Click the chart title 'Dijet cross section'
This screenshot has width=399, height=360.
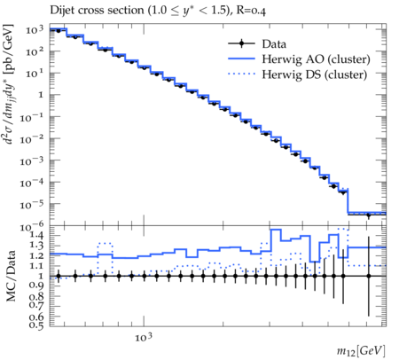97,11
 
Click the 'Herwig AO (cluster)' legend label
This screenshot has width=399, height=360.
316,59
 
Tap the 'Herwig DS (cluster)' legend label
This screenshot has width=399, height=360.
315,74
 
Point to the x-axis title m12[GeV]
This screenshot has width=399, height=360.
361,351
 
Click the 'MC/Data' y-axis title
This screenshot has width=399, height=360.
11,276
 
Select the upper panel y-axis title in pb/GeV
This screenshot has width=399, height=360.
10,84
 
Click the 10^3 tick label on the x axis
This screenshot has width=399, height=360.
144,337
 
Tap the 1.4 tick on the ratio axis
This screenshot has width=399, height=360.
37,235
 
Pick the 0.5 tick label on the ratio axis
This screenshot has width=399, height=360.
37,325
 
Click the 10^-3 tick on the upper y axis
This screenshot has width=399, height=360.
32,161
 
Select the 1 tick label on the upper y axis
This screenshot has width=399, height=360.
41,95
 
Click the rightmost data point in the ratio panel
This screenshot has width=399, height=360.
368,276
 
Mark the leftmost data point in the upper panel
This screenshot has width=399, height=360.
59,31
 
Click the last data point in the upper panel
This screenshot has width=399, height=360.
368,215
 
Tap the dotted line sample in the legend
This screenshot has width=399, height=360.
241,74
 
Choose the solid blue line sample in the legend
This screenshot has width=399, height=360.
241,59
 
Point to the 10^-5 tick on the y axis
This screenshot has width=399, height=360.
32,205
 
